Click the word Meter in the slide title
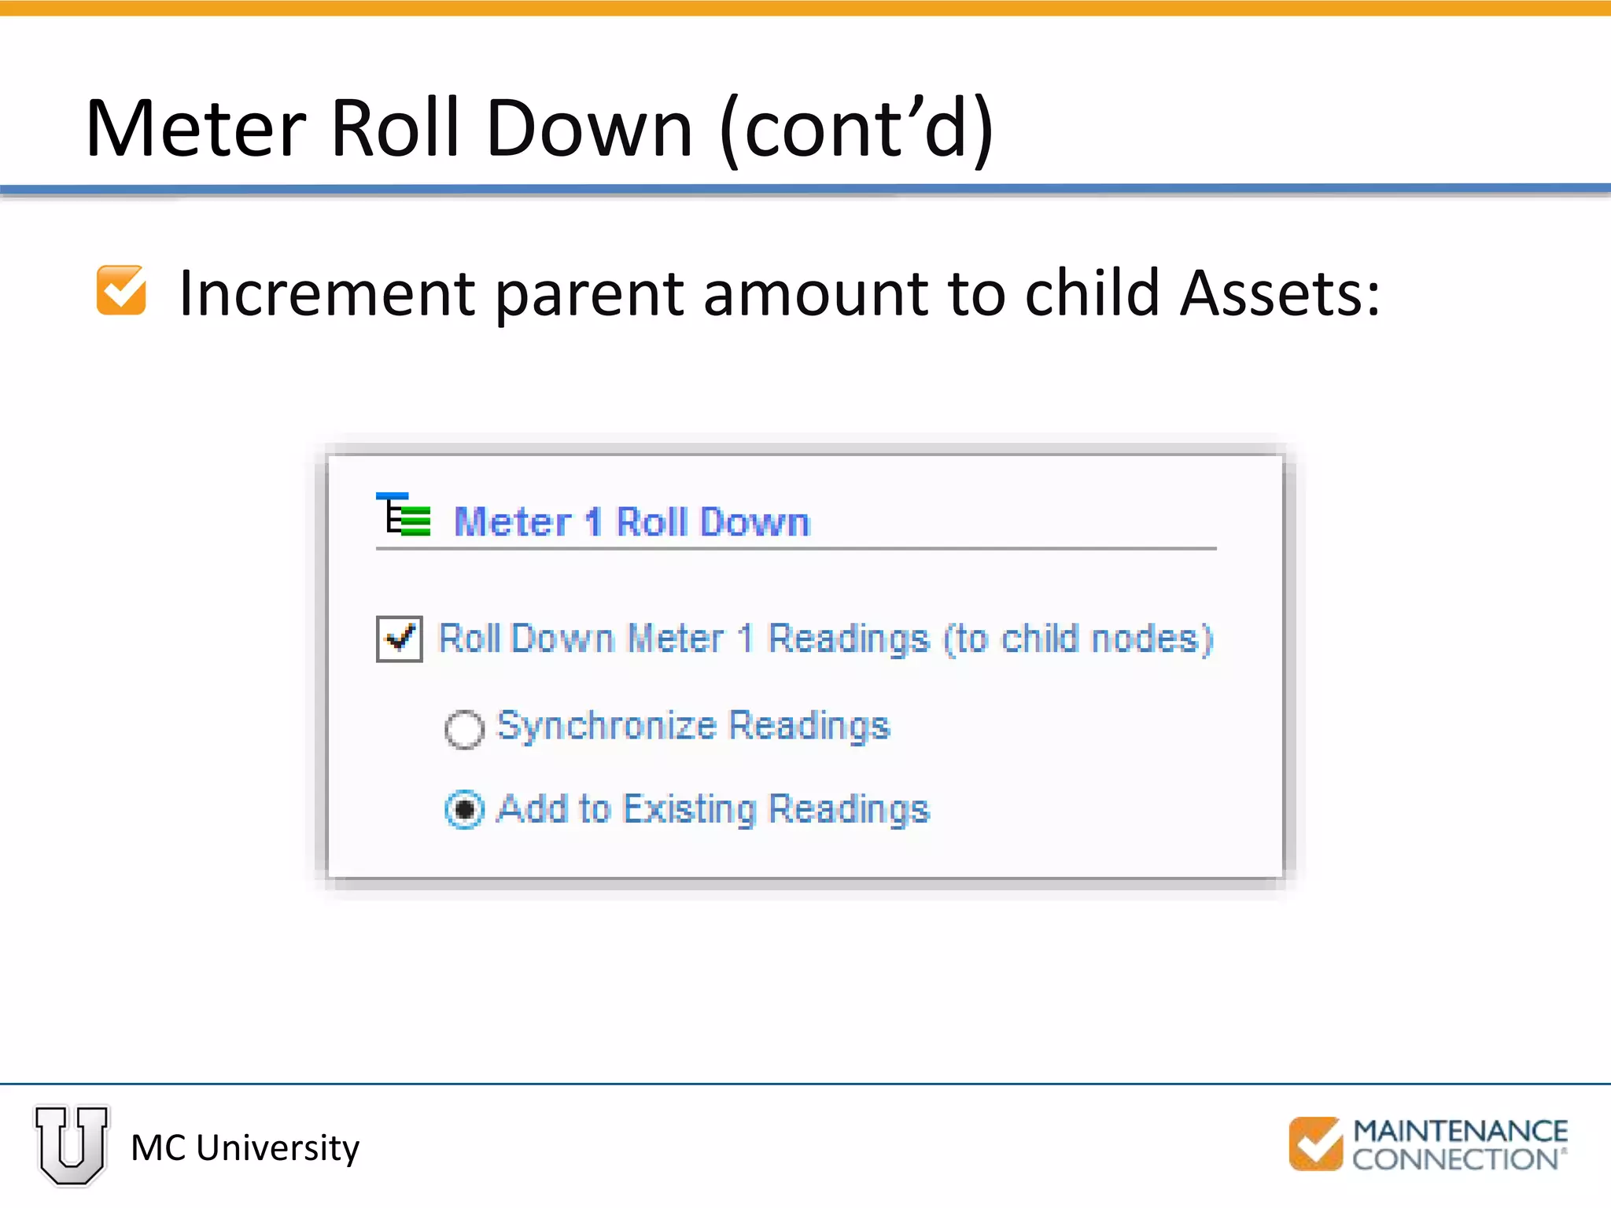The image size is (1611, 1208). click(196, 129)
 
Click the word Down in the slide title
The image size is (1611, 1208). click(589, 129)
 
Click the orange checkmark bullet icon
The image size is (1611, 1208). click(121, 290)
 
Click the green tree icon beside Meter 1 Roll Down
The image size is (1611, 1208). click(404, 516)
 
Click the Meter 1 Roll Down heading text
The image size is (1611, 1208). click(632, 522)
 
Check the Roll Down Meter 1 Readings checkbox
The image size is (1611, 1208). click(400, 639)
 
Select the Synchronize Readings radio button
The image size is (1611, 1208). click(464, 729)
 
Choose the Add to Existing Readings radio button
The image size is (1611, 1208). click(464, 809)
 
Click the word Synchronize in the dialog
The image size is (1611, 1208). click(606, 726)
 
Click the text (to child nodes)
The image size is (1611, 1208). click(1078, 639)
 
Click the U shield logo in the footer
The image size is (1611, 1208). click(72, 1144)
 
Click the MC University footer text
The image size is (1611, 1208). click(245, 1148)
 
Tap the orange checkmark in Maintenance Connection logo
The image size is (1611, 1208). click(1315, 1144)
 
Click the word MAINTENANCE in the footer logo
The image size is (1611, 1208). click(1460, 1131)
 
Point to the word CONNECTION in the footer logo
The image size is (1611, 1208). click(1454, 1159)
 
